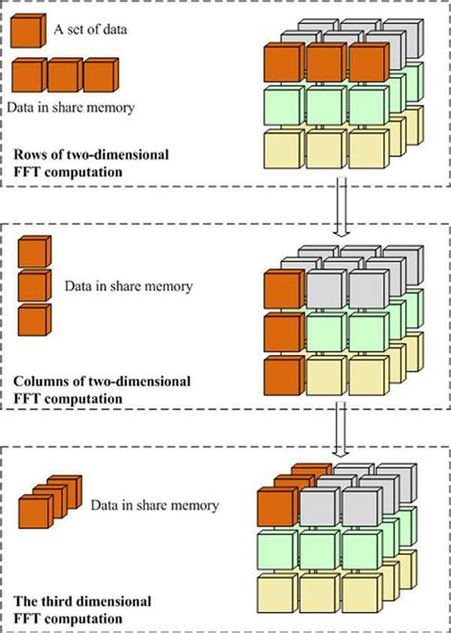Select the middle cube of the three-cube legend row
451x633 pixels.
(x=67, y=75)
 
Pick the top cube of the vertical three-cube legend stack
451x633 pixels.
(x=33, y=253)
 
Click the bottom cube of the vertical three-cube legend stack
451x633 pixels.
(x=33, y=318)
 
